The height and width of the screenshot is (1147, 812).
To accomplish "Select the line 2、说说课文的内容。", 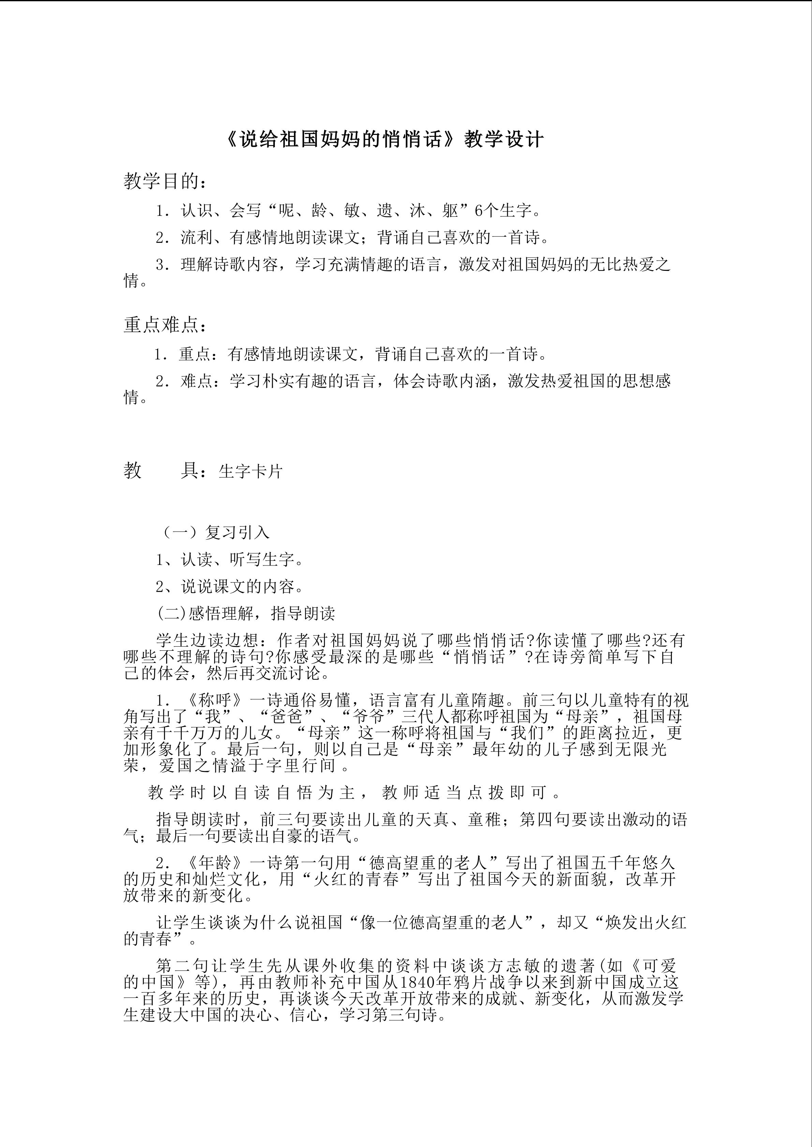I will point(230,587).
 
